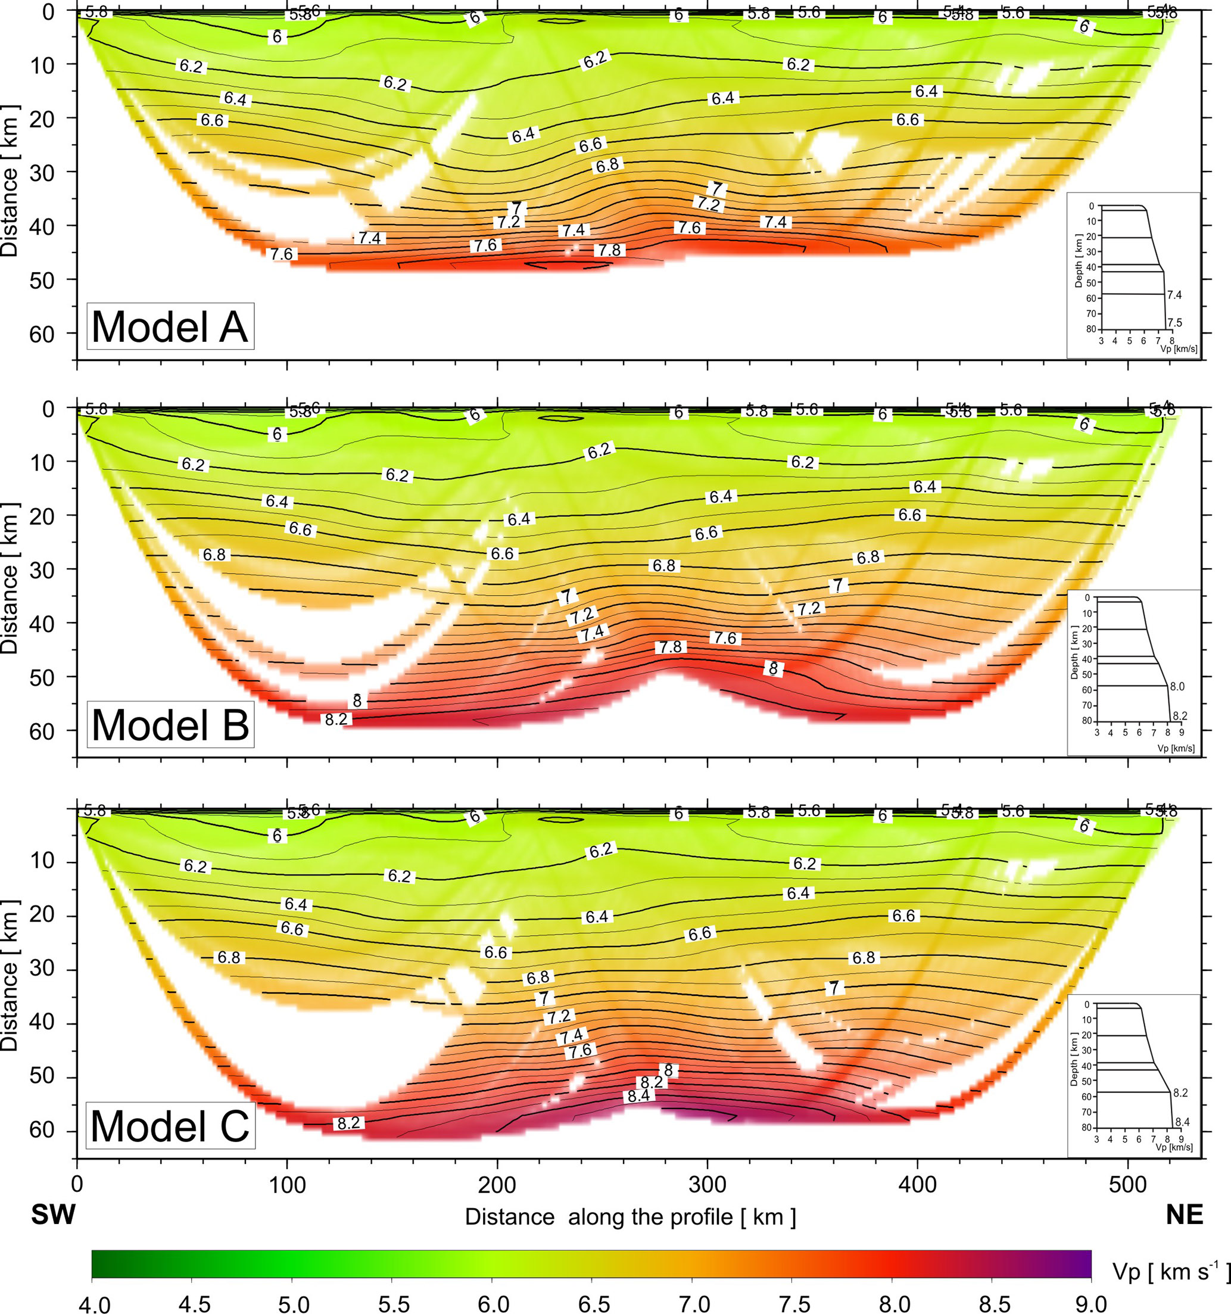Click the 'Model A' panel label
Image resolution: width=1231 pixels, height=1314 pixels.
(170, 326)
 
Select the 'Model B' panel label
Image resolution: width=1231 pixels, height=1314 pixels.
(170, 724)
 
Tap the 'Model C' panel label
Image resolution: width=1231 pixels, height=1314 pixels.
(170, 1126)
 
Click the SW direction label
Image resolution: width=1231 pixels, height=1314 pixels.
(54, 1214)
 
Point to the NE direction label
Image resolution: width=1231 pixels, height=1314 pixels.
(1184, 1214)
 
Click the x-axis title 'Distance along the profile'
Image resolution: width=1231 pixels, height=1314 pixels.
(630, 1216)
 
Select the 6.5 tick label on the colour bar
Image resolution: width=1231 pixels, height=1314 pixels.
(593, 1303)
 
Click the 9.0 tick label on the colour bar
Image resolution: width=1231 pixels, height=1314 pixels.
(1091, 1303)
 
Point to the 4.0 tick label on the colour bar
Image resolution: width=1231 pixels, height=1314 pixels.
(95, 1303)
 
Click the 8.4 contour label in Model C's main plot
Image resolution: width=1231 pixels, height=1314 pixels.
(638, 1096)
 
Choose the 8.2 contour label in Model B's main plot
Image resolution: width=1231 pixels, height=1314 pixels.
(336, 719)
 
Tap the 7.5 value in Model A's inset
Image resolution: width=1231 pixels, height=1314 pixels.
(1174, 323)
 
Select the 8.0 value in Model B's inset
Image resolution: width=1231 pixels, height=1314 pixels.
(1177, 687)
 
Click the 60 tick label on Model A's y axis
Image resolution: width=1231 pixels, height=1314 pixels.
(42, 334)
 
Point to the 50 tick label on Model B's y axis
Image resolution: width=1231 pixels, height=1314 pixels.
(42, 677)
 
